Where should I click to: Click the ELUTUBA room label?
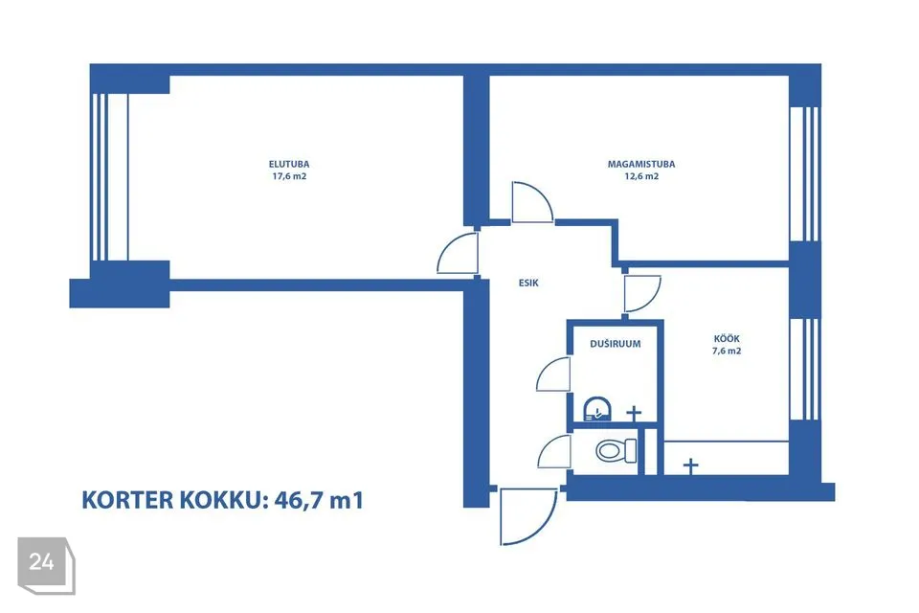[289, 164]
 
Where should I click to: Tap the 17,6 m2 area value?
[289, 176]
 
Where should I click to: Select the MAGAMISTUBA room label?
[641, 164]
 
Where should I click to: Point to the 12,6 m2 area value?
[641, 176]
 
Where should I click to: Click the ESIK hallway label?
[528, 283]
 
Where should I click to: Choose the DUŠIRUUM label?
[616, 344]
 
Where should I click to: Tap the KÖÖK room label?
[727, 338]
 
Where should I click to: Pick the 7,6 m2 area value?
[727, 351]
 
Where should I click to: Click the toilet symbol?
[616, 450]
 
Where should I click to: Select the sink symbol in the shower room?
[597, 409]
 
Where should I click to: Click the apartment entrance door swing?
[527, 516]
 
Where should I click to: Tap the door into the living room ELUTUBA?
[458, 253]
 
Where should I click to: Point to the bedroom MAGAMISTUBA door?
[532, 202]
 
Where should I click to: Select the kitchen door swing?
[642, 294]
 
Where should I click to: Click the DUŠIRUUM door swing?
[553, 374]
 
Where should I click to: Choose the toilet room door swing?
[554, 452]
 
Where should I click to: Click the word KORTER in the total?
[127, 500]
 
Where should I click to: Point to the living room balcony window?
[109, 177]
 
